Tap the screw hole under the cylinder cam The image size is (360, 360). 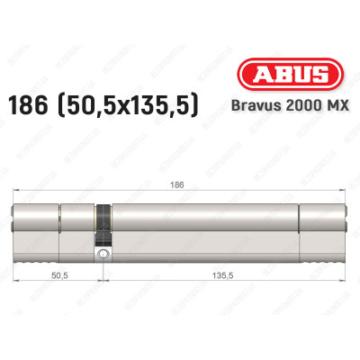105,256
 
